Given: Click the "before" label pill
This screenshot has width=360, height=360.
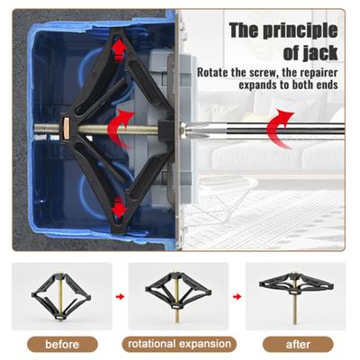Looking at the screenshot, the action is [x=62, y=344].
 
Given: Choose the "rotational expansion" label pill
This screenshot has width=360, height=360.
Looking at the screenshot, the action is [x=179, y=344].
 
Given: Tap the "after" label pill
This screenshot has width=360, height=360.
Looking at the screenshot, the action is [x=298, y=344].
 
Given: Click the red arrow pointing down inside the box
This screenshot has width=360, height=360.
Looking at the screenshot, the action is [x=119, y=208].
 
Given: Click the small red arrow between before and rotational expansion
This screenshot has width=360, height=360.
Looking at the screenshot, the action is [x=120, y=297].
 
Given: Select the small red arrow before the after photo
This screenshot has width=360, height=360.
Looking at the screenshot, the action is [x=237, y=297].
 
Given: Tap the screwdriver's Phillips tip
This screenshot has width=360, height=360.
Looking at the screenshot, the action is [x=195, y=130].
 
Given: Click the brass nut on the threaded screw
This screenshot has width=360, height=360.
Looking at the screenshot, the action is [x=66, y=128].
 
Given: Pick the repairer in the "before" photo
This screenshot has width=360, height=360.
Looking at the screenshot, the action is [x=61, y=295].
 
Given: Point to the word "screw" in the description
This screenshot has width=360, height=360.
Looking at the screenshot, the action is [x=265, y=73].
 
